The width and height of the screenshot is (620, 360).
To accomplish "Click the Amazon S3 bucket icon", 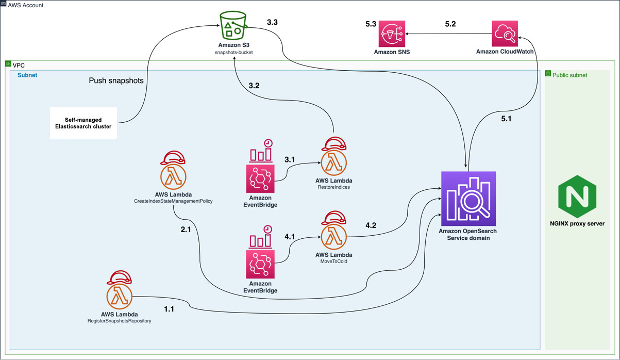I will click(233, 26).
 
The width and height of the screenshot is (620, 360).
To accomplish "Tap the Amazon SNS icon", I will click(392, 34).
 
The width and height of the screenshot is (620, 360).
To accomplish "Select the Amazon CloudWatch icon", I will click(505, 34).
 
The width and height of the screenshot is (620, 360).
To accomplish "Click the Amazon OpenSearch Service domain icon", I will click(468, 198).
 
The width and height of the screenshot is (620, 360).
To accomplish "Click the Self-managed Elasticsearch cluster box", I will click(83, 123).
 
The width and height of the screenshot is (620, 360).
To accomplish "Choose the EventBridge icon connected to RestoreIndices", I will click(260, 171).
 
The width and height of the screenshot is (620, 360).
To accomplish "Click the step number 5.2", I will click(450, 24).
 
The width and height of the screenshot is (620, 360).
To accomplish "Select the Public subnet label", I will click(569, 75).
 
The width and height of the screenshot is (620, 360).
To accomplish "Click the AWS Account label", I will click(26, 5).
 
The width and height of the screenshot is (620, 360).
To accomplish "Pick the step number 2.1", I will click(186, 230).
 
